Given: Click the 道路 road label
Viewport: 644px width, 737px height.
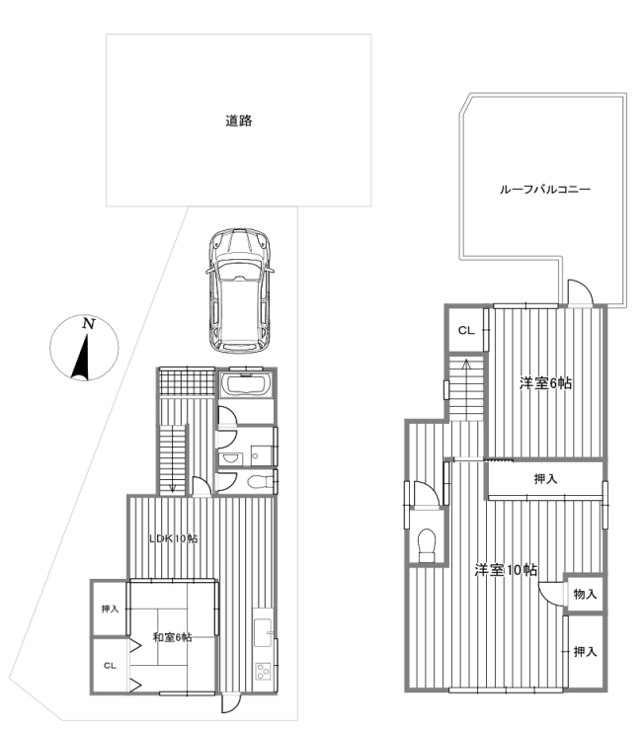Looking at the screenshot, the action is coord(239,121).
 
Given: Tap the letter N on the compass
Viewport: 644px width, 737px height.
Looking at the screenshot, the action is coord(88,323).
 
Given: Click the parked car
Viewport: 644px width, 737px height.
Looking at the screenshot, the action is coord(240,290).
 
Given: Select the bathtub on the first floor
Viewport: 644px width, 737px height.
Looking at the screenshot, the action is coord(246,385).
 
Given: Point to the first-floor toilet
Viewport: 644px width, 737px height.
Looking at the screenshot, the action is coord(260,482).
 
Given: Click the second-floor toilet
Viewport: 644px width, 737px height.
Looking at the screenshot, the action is coord(427,545).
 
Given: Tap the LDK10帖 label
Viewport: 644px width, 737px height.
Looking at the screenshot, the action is coord(174,538).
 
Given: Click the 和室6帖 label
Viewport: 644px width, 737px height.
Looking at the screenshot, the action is coord(172,637).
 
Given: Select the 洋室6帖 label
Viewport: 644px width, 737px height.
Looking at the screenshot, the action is coord(545,383).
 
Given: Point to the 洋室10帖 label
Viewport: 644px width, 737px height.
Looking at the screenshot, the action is coord(506,570).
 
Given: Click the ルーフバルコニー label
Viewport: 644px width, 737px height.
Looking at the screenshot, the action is coord(545,190).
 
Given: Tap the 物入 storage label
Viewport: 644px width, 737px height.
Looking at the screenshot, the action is coord(585,594).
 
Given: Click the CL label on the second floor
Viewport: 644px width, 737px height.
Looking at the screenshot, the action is coord(466,330).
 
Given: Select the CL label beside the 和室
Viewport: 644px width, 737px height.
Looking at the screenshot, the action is coord(110,666).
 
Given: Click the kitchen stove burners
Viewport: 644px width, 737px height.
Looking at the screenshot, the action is coord(263,671).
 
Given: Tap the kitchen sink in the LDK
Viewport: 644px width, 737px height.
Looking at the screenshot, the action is coord(263,632).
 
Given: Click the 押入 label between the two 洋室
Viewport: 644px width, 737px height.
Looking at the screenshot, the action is coord(545,479).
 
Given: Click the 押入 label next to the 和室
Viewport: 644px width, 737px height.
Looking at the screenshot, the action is coord(110,610).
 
